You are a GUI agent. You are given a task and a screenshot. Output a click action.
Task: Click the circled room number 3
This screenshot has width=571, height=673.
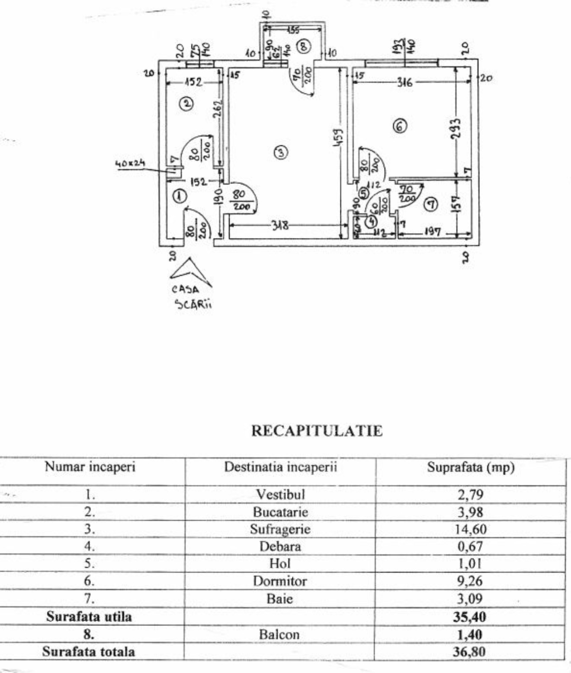[x=281, y=152]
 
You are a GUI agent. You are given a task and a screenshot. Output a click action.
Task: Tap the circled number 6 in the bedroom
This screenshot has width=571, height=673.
[x=400, y=126]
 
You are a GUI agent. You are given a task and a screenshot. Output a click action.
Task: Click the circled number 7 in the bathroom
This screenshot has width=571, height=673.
[x=430, y=204]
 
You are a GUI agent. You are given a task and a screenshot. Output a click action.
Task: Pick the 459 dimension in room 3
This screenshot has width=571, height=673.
[x=340, y=136]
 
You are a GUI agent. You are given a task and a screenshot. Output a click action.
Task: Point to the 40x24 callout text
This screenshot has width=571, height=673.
[x=130, y=163]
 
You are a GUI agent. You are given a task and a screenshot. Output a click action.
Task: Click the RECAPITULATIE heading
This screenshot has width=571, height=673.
[x=317, y=431]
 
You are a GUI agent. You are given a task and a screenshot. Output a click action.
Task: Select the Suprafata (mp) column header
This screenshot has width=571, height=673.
[x=471, y=467]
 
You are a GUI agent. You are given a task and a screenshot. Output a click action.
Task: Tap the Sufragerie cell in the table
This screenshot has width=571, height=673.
[x=280, y=529]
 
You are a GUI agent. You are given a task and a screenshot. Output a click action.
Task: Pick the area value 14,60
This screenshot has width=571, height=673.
[x=470, y=529]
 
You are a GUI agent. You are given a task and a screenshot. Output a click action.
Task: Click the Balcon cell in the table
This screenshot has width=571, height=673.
[x=279, y=634]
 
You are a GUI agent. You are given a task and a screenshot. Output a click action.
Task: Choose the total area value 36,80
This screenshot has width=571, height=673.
[x=469, y=652]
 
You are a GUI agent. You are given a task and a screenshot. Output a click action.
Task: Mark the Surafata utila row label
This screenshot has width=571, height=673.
[x=89, y=617]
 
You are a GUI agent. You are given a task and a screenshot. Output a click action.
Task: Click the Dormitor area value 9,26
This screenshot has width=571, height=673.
[x=470, y=581]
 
